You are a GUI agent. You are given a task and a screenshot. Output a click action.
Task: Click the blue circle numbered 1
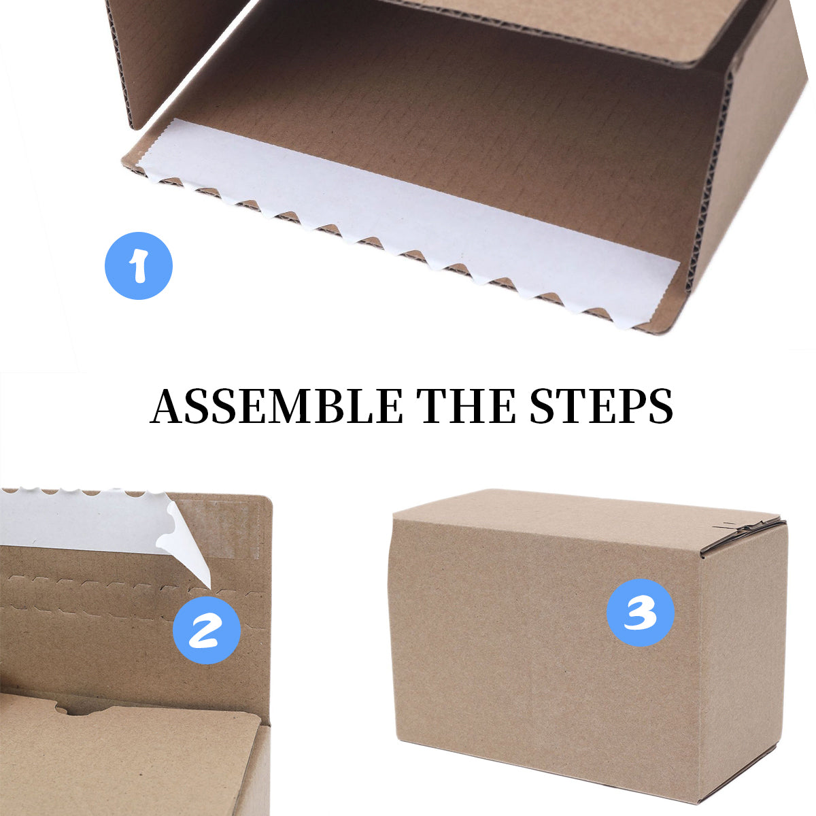tap(139, 266)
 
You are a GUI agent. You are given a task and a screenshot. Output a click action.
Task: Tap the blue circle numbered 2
tap(207, 630)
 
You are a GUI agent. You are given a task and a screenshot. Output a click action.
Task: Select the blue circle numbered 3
tap(640, 613)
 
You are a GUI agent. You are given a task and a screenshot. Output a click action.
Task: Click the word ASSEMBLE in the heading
tap(276, 407)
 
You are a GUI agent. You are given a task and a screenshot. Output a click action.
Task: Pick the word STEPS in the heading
tap(601, 407)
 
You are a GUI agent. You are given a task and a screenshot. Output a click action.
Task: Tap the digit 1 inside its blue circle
tap(139, 266)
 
